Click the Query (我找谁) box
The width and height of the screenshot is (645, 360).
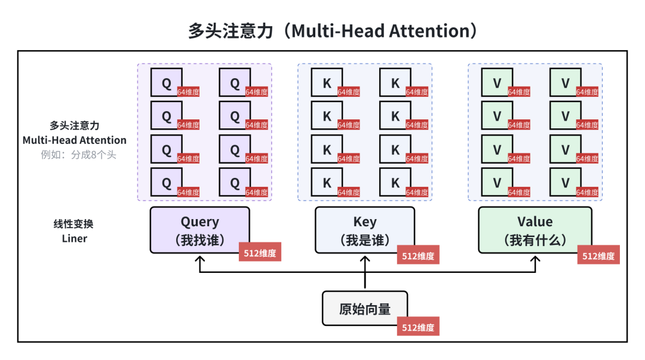click(199, 230)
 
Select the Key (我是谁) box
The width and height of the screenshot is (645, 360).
click(365, 230)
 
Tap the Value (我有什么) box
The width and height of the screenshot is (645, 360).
click(535, 230)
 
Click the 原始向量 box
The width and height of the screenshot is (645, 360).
click(365, 309)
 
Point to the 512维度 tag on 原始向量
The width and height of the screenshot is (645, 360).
click(418, 327)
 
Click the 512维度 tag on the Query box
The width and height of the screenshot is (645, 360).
click(260, 253)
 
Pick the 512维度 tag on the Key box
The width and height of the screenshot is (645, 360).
click(418, 256)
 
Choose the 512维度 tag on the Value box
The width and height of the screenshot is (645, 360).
click(598, 256)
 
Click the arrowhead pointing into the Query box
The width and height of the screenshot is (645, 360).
click(199, 260)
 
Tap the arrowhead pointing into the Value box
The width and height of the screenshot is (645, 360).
click(535, 260)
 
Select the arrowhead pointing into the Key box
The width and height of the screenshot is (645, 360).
click(365, 260)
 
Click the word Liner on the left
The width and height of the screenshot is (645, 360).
click(75, 239)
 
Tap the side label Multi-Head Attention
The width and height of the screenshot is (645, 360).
click(75, 140)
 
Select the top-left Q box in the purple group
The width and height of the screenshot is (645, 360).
click(167, 83)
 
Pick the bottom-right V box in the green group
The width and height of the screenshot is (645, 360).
click(565, 183)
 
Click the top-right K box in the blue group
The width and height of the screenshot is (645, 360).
click(395, 83)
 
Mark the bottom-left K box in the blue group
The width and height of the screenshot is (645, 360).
click(327, 183)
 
